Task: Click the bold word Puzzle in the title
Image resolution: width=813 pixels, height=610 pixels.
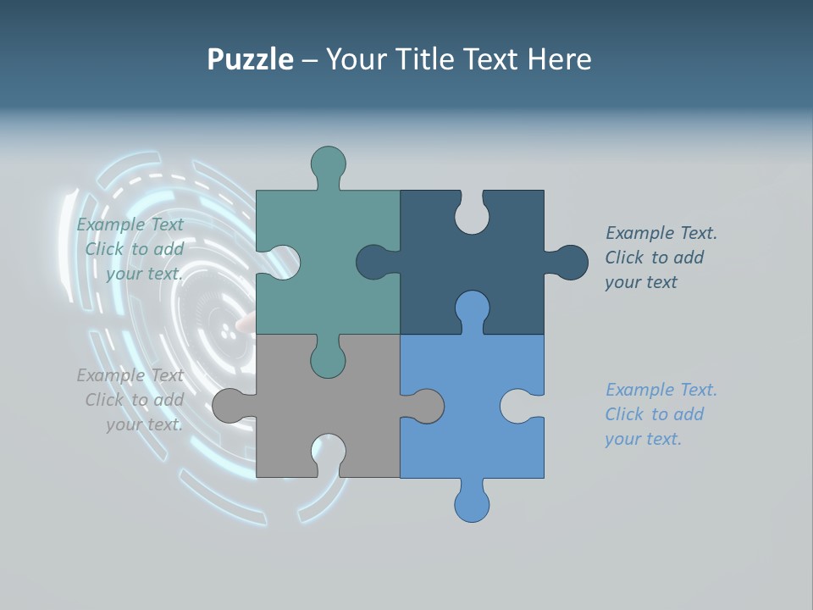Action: (x=250, y=60)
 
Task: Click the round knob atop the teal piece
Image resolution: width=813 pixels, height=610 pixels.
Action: (x=328, y=162)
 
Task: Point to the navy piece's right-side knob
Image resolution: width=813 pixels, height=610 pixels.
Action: (x=572, y=263)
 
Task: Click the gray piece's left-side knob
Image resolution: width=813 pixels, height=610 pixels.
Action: (x=228, y=406)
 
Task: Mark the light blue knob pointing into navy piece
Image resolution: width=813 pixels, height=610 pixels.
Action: (x=472, y=307)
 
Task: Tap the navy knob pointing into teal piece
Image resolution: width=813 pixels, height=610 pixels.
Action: (x=373, y=263)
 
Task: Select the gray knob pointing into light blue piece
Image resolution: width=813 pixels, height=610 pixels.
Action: (x=428, y=406)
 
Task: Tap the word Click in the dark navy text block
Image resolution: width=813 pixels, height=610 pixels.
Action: (x=624, y=258)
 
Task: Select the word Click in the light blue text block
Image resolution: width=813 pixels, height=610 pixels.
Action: (x=624, y=414)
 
